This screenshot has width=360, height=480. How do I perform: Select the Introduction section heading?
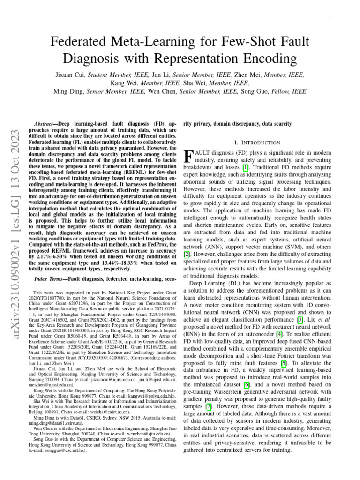tap(257, 142)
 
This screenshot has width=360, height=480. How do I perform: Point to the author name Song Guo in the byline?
tap(256, 91)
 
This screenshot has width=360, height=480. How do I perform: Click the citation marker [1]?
tap(245, 167)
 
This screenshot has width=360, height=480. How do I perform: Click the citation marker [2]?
tap(187, 254)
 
